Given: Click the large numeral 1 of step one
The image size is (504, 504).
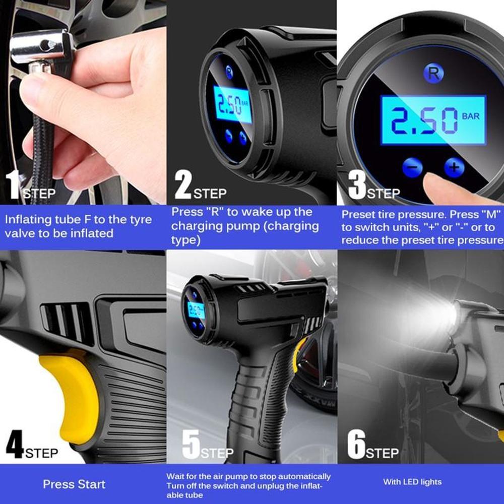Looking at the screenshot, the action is pos(14,184).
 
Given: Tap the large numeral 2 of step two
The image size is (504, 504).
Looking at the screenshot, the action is pos(183,184).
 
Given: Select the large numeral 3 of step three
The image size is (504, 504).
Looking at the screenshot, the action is pos(357,184).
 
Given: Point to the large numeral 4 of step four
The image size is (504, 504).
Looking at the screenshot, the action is pos(15,444).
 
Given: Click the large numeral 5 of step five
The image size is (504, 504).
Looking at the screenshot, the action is pos(191,444).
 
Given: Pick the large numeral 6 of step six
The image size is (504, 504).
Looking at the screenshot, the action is pos(356,444).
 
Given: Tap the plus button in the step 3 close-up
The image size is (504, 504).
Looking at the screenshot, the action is pos(454,167).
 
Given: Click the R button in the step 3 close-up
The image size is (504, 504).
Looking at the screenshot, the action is pos(433,73).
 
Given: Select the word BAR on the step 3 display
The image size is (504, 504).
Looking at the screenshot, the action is pos(471,116).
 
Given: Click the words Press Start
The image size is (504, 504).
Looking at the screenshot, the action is pos(74,484).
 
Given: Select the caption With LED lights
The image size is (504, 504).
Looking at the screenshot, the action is pos(412,482).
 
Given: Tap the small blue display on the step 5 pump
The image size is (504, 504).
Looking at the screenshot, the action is pos(196,310).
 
